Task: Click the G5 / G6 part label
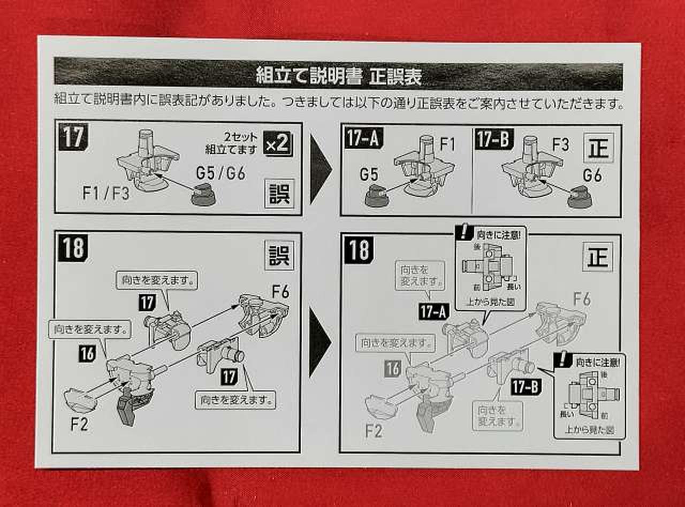(x=220, y=173)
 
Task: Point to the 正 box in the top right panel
(x=598, y=148)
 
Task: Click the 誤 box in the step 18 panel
(x=279, y=255)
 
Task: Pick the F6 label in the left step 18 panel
(x=280, y=293)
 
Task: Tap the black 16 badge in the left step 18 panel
(x=87, y=353)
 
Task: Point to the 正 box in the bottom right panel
(x=598, y=257)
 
